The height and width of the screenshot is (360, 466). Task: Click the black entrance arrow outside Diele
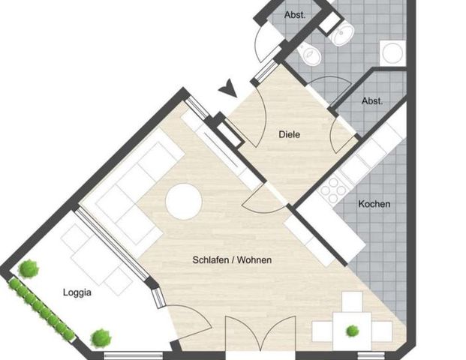pyautogui.click(x=227, y=91)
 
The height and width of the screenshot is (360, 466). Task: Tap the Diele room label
pyautogui.click(x=289, y=135)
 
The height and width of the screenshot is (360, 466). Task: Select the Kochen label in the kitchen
pyautogui.click(x=374, y=204)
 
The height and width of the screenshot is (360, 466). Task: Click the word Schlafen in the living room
pyautogui.click(x=209, y=260)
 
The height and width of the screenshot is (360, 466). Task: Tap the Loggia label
pyautogui.click(x=77, y=293)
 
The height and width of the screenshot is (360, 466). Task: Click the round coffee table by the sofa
pyautogui.click(x=183, y=201)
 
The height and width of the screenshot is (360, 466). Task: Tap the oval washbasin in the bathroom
pyautogui.click(x=344, y=32)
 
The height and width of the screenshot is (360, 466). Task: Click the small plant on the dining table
pyautogui.click(x=351, y=330)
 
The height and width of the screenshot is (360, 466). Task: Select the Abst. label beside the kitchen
pyautogui.click(x=371, y=100)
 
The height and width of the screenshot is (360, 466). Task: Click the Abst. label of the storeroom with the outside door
pyautogui.click(x=295, y=15)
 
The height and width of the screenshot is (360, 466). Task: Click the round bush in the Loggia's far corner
pyautogui.click(x=28, y=268)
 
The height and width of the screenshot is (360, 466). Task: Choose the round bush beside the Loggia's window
pyautogui.click(x=101, y=338)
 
